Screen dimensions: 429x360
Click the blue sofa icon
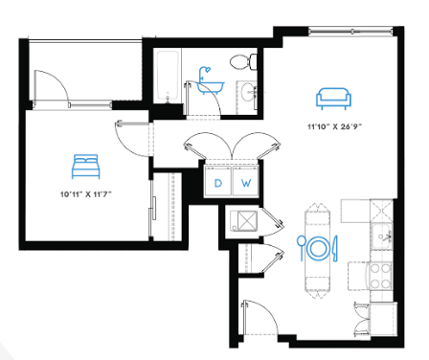coord(333,99)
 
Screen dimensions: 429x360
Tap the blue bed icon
coord(85,167)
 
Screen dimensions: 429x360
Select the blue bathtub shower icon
coord(210,80)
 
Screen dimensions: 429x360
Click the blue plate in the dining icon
coord(317,248)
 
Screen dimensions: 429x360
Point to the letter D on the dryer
coord(218,183)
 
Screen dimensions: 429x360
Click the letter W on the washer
coord(246,183)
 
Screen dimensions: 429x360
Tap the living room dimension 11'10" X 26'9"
coord(334,126)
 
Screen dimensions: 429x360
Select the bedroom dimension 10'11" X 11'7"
coord(86,194)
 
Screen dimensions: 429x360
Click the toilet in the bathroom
coord(244,61)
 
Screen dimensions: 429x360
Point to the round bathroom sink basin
coord(248,92)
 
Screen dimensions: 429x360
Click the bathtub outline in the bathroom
coord(168,77)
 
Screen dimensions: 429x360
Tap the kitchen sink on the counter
coord(382,236)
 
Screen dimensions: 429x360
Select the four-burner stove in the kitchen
coord(381,276)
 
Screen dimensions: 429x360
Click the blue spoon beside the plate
coord(301,248)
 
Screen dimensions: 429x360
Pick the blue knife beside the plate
coord(335,248)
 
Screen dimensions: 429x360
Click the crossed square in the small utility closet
coord(247,220)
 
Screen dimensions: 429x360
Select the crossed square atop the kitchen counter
coord(381,211)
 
